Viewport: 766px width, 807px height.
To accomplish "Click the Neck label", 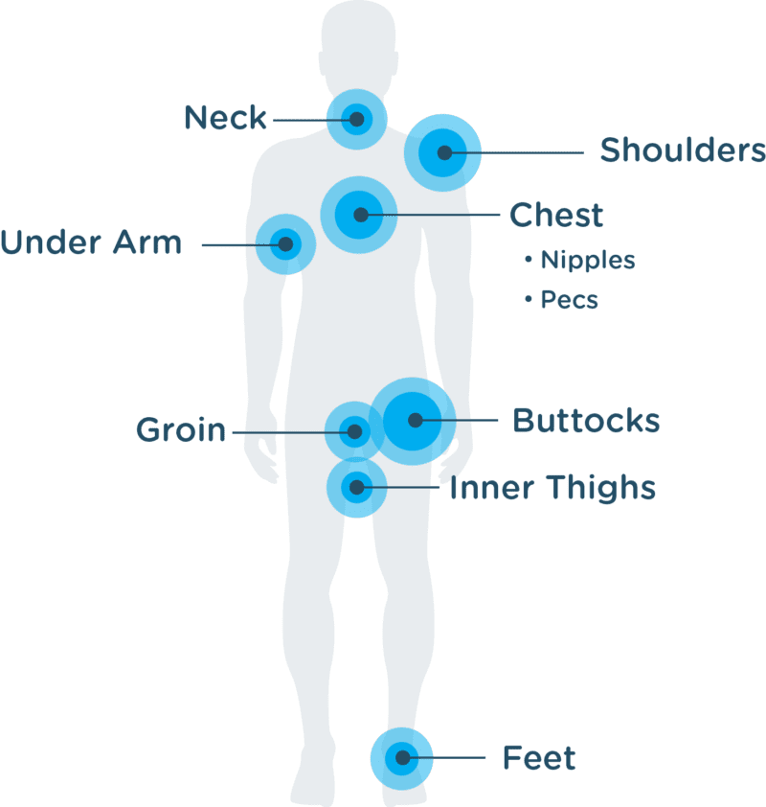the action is pyautogui.click(x=225, y=117).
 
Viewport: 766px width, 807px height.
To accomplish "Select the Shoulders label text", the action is pyautogui.click(x=683, y=150).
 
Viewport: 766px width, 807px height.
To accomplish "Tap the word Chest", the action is pyautogui.click(x=555, y=215).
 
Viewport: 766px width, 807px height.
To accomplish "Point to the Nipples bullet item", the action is pyautogui.click(x=580, y=260).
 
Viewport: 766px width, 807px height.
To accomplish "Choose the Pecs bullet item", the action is pyautogui.click(x=561, y=300).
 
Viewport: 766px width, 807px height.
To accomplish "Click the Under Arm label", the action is pyautogui.click(x=91, y=242).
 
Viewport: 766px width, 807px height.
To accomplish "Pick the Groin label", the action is pyautogui.click(x=181, y=429).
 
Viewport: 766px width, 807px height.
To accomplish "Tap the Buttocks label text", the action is pyautogui.click(x=586, y=421).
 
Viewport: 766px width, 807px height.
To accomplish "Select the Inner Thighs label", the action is pyautogui.click(x=552, y=488).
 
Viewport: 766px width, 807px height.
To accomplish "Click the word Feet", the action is pyautogui.click(x=539, y=757).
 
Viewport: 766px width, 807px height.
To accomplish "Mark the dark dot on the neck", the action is pyautogui.click(x=357, y=120).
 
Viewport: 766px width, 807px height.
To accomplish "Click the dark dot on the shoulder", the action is pyautogui.click(x=444, y=152).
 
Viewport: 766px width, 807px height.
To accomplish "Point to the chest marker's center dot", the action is pyautogui.click(x=361, y=215).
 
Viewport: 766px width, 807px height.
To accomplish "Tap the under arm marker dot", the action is pyautogui.click(x=286, y=244).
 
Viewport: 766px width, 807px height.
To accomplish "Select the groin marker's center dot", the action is pyautogui.click(x=354, y=431).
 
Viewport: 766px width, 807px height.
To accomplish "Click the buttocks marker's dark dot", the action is pyautogui.click(x=416, y=420).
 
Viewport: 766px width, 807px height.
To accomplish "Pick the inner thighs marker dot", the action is pyautogui.click(x=356, y=487).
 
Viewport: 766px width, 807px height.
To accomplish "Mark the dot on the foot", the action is pyautogui.click(x=403, y=757).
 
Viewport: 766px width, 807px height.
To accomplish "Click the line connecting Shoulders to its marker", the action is pyautogui.click(x=514, y=152).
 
